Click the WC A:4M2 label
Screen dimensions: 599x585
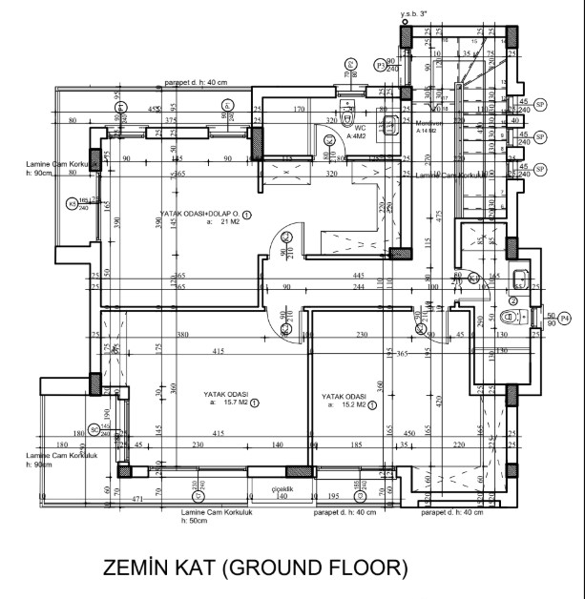tap(360, 132)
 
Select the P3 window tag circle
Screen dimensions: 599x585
tap(381, 66)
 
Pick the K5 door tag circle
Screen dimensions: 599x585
tap(72, 203)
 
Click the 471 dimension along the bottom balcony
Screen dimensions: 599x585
tap(111, 499)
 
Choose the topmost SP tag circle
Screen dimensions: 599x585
tap(540, 104)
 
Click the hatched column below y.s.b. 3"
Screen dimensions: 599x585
tap(407, 37)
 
